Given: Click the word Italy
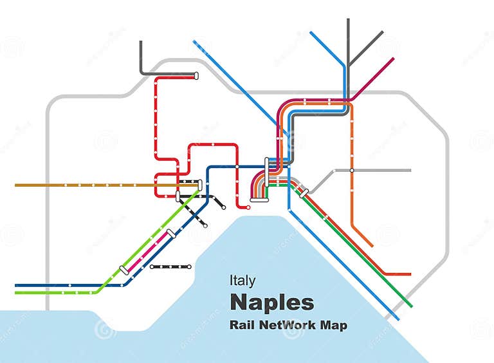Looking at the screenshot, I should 242,281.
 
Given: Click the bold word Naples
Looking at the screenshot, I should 272,302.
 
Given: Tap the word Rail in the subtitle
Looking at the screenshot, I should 242,325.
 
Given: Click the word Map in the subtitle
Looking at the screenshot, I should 334,325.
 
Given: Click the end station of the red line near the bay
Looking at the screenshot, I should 248,207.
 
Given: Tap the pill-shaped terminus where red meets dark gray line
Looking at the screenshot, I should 196,76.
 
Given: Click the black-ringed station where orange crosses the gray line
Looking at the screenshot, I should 352,171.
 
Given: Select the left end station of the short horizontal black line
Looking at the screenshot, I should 152,266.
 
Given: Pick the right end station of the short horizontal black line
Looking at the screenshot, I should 190,266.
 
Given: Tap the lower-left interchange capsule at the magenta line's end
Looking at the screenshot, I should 124,270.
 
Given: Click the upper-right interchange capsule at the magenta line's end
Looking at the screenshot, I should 171,234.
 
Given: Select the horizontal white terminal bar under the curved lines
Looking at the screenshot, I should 259,200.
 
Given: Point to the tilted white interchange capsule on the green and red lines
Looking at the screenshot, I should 304,192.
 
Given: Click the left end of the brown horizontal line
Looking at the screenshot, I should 16,185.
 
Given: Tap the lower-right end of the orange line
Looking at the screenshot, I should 372,245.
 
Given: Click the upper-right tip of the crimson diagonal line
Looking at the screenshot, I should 392,59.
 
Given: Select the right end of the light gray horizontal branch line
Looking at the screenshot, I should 409,171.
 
